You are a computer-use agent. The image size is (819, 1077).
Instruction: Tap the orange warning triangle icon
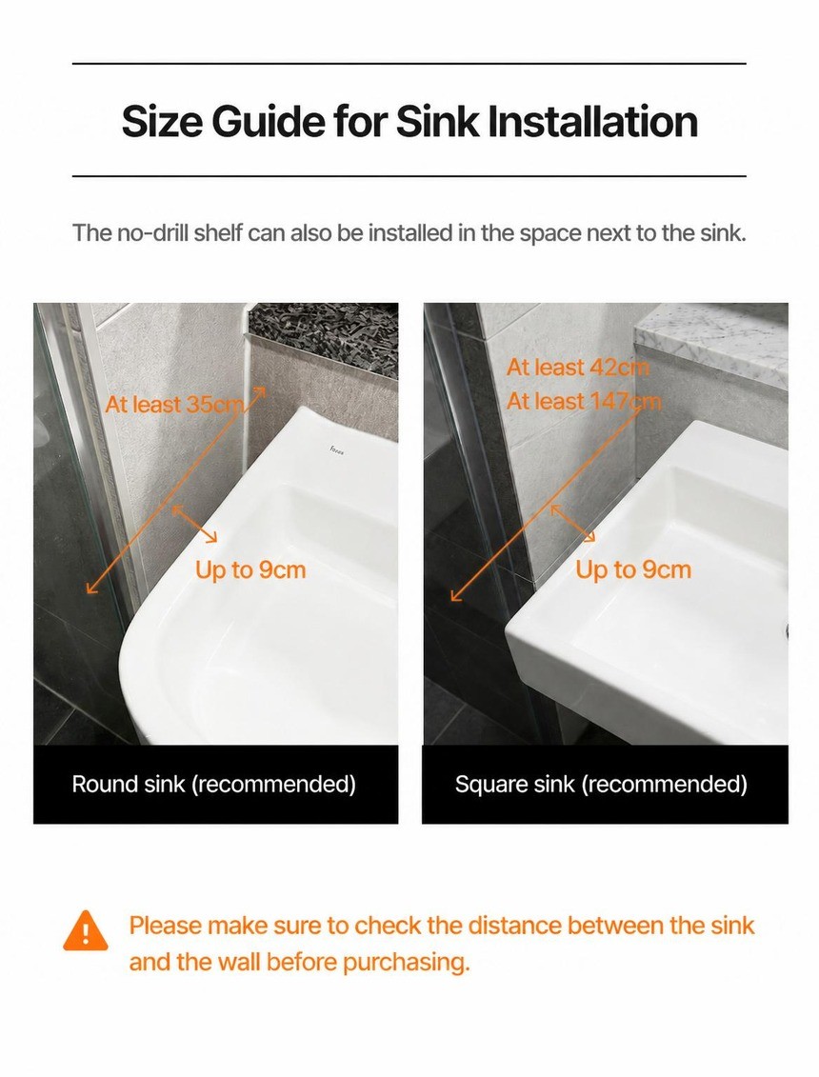click(x=85, y=930)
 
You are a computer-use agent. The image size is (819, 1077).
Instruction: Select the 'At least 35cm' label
click(x=174, y=404)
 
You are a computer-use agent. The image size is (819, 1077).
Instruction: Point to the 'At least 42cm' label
click(x=578, y=368)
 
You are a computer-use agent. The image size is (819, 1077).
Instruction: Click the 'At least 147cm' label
click(x=584, y=401)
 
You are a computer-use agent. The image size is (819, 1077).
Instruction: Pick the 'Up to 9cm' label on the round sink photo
click(x=250, y=570)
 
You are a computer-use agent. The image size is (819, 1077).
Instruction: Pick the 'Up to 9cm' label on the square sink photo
click(x=632, y=569)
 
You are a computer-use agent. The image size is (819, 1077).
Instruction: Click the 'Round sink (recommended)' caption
click(x=213, y=784)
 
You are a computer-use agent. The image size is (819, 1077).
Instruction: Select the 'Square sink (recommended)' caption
click(x=601, y=784)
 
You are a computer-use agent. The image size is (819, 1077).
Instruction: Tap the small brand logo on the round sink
click(x=337, y=450)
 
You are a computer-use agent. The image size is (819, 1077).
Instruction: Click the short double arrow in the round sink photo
click(x=194, y=524)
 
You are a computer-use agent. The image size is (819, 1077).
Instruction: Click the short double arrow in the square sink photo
click(x=573, y=524)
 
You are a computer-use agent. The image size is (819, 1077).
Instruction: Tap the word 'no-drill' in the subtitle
click(x=146, y=233)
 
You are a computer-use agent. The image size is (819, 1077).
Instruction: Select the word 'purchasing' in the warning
click(x=405, y=963)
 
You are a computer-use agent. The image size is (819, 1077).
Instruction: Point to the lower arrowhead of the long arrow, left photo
click(x=91, y=588)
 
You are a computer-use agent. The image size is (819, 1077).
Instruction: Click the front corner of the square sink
click(x=508, y=628)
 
